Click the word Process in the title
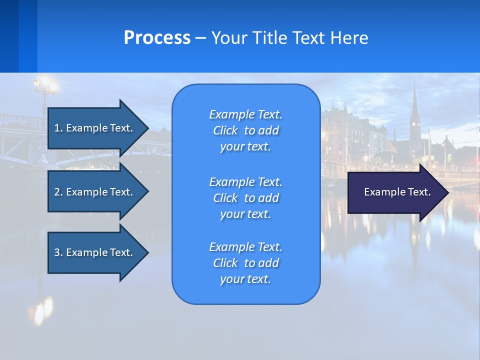pyautogui.click(x=157, y=38)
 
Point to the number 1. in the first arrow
pyautogui.click(x=58, y=128)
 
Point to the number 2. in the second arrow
pyautogui.click(x=58, y=192)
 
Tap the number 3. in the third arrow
pyautogui.click(x=58, y=252)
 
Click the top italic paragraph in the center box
pyautogui.click(x=245, y=130)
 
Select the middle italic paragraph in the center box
pyautogui.click(x=245, y=197)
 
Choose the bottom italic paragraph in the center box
pyautogui.click(x=245, y=263)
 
